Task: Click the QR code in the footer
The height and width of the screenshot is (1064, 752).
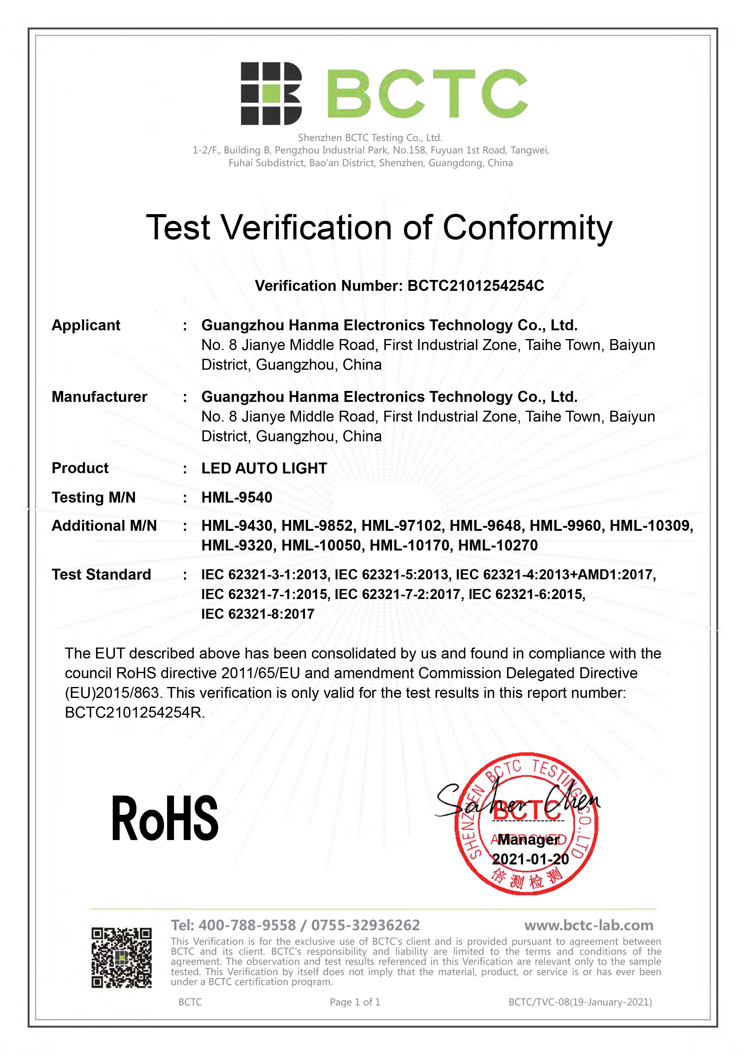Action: click(x=121, y=958)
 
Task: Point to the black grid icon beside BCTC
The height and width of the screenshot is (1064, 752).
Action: click(x=271, y=94)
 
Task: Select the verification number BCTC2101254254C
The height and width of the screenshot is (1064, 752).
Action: click(x=476, y=286)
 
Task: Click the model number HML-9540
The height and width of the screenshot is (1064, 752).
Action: click(x=237, y=498)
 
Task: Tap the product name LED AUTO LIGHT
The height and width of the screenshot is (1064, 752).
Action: click(x=264, y=469)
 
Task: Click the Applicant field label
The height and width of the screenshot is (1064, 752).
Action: click(x=86, y=325)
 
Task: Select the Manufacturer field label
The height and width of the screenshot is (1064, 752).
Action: click(x=99, y=397)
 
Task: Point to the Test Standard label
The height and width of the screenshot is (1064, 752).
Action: click(x=102, y=575)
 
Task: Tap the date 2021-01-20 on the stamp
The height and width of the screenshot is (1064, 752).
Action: click(x=530, y=859)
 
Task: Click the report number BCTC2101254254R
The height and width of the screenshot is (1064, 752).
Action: click(x=134, y=712)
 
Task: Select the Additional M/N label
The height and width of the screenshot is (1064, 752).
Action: click(x=104, y=526)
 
